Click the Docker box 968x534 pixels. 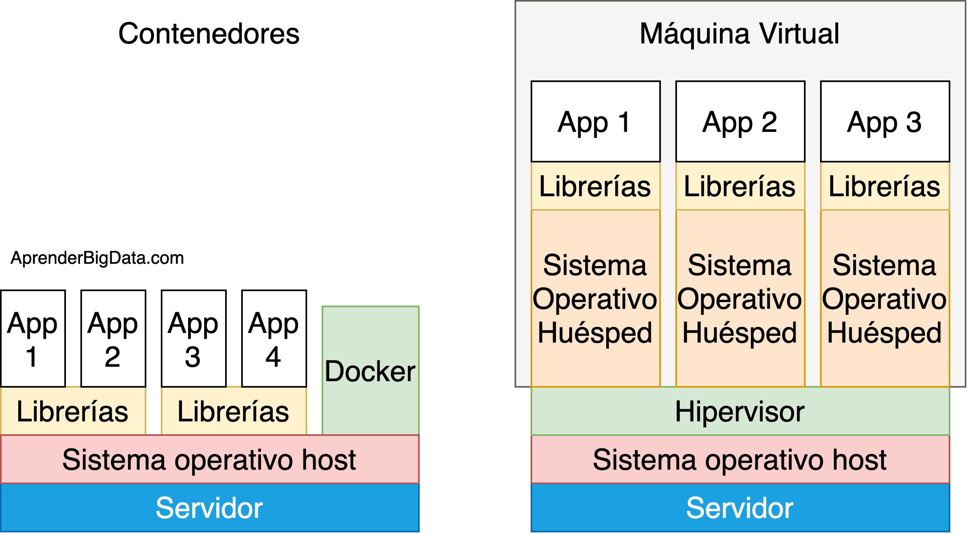click(x=370, y=371)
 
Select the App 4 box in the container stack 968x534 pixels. click(x=274, y=339)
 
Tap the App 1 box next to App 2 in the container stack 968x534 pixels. click(x=33, y=339)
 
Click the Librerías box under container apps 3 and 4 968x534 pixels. click(x=234, y=411)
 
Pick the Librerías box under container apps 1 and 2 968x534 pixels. click(x=73, y=411)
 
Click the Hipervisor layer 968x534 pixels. click(x=740, y=411)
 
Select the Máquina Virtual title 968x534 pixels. click(x=739, y=34)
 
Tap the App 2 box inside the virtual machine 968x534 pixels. click(x=740, y=121)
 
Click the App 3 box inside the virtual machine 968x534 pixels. click(x=885, y=121)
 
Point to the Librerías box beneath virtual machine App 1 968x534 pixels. click(x=595, y=186)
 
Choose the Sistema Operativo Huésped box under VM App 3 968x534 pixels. click(x=885, y=298)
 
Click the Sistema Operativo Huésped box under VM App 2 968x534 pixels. click(x=740, y=298)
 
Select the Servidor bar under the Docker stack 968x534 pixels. click(x=209, y=508)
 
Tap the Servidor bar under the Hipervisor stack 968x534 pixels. click(x=740, y=508)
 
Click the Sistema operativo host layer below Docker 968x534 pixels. click(x=209, y=460)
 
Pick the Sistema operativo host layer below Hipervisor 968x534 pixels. click(x=740, y=460)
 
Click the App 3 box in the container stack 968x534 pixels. click(x=193, y=339)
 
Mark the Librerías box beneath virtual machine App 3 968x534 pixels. click(x=885, y=186)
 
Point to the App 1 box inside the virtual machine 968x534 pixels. click(x=595, y=121)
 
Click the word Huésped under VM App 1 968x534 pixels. click(x=595, y=333)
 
